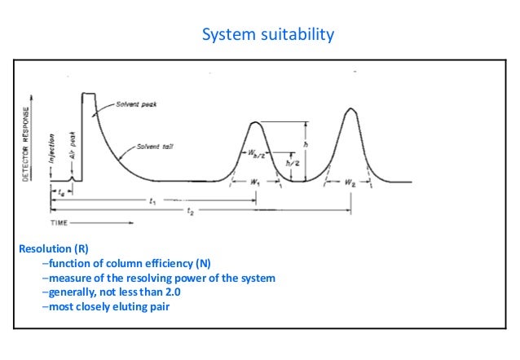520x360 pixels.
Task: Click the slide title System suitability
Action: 268,35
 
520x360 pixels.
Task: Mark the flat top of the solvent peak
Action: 88,94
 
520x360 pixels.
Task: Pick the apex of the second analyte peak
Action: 350,109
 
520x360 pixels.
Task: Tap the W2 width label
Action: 350,183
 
